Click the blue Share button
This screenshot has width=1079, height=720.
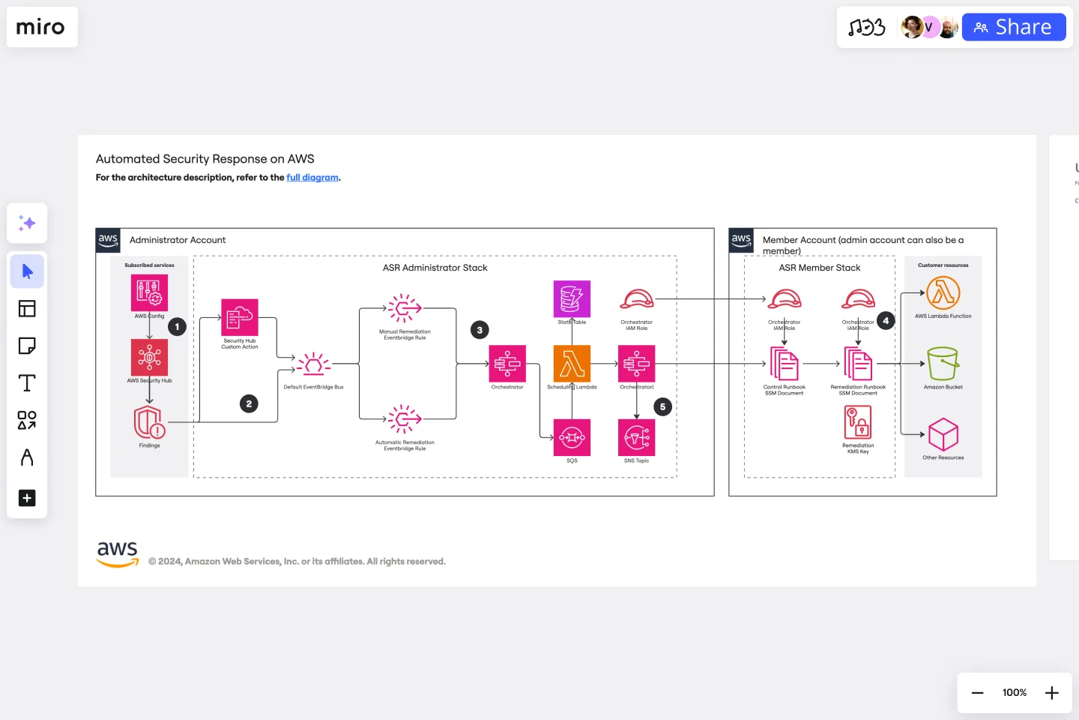[1013, 27]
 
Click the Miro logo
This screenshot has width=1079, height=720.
[41, 27]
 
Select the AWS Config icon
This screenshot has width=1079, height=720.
[149, 292]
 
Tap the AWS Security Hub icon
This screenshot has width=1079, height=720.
[149, 357]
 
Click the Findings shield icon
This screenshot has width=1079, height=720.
[149, 423]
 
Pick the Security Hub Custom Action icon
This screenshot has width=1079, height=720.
[240, 317]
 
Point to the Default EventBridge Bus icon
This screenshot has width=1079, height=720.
[313, 364]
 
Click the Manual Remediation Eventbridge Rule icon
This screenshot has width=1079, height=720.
[405, 308]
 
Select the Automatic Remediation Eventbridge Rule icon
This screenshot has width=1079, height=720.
[405, 419]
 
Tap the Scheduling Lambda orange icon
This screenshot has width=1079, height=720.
[572, 364]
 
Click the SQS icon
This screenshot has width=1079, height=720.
[572, 437]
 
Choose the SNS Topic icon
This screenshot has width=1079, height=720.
[637, 437]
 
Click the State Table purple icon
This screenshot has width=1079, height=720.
[572, 298]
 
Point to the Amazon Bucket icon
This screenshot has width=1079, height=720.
[943, 364]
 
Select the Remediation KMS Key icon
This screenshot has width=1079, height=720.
[858, 422]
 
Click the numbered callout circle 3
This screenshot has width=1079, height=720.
[480, 330]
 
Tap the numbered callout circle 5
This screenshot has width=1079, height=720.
[662, 407]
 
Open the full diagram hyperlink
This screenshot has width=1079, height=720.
[312, 178]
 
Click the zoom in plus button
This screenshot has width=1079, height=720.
[1052, 693]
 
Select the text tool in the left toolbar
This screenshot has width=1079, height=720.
[27, 383]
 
